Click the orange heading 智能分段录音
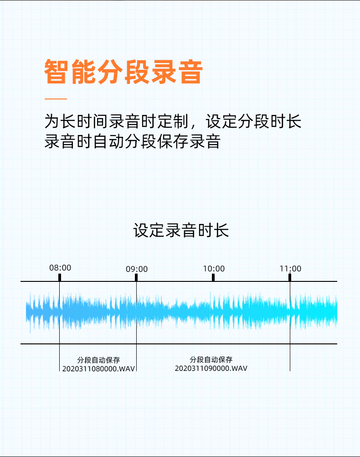point(123,72)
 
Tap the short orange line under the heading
point(56,99)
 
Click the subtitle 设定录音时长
point(181,230)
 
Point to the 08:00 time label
point(60,268)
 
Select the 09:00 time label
point(137,269)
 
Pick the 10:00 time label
point(214,269)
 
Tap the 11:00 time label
point(290,269)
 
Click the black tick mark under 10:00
point(213,277)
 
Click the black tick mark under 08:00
point(60,277)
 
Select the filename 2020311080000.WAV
point(99,369)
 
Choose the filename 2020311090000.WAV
point(211,368)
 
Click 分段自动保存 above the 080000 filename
point(99,360)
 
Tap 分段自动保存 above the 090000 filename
point(211,360)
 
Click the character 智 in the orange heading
point(57,72)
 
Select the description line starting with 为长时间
point(173,122)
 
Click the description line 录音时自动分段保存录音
point(132,141)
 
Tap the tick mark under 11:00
point(290,277)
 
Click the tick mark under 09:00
point(136,277)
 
